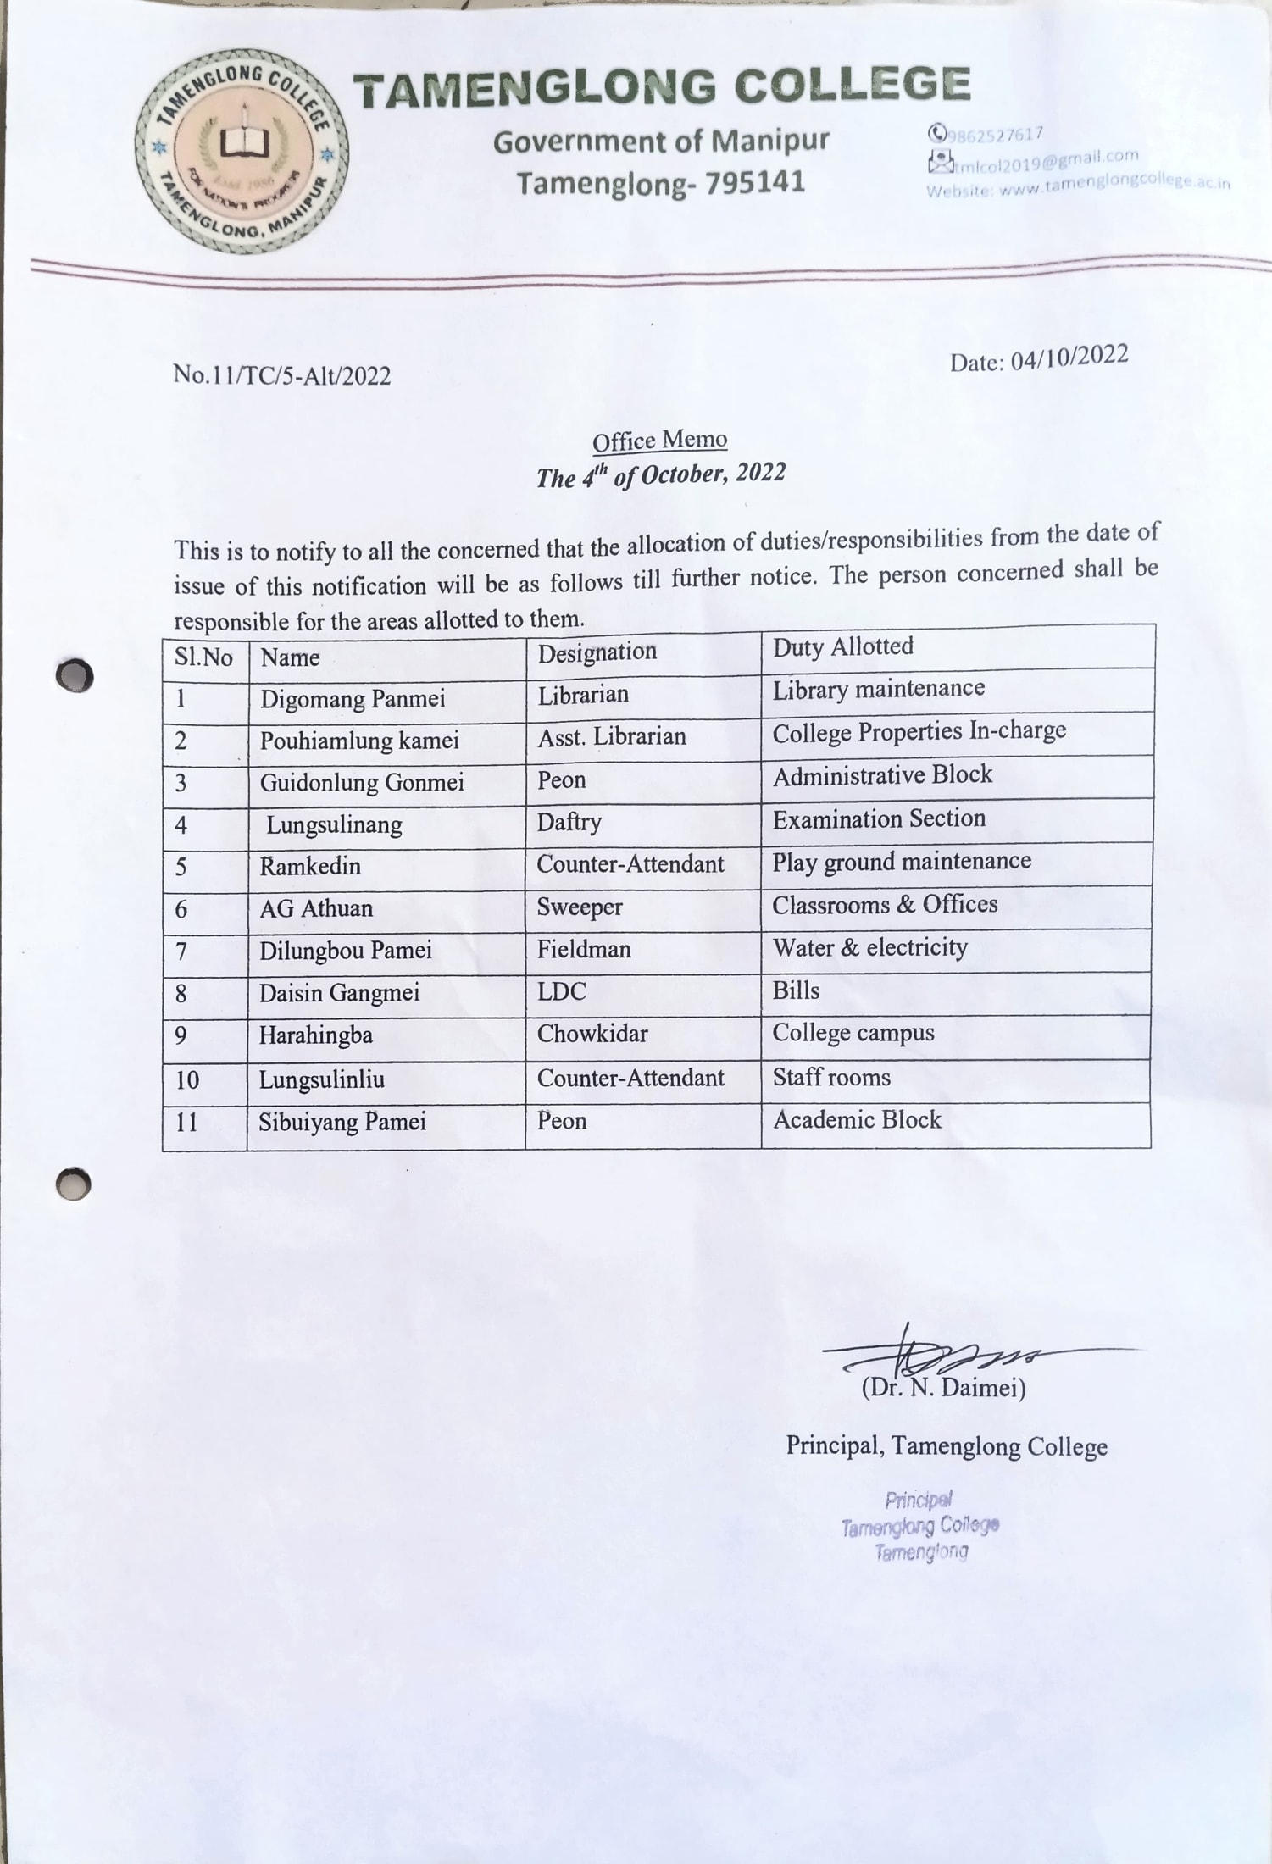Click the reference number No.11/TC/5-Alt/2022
pos(282,374)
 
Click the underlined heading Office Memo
pos(659,441)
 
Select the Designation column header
pos(597,652)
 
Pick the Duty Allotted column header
pos(843,647)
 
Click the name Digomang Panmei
pos(353,699)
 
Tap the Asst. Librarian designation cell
pos(612,736)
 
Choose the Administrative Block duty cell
pos(882,775)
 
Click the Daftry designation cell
pos(569,822)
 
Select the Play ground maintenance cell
pos(902,862)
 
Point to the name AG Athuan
pos(316,908)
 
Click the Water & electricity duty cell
pos(869,947)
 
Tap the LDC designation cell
pos(562,991)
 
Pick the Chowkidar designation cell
pos(592,1034)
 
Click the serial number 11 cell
pos(186,1123)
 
